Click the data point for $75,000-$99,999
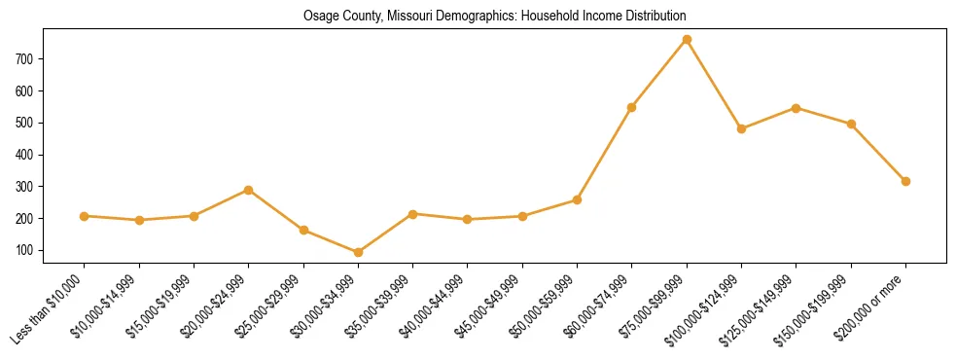pyautogui.click(x=687, y=40)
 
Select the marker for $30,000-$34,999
pyautogui.click(x=358, y=253)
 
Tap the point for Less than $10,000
pyautogui.click(x=85, y=216)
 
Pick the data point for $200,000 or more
pyautogui.click(x=905, y=181)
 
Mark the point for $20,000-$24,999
pyautogui.click(x=249, y=190)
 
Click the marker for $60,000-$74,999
pyautogui.click(x=632, y=107)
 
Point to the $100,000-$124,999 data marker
pyautogui.click(x=741, y=128)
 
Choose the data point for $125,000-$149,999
pyautogui.click(x=797, y=108)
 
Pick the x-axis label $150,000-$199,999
pyautogui.click(x=820, y=307)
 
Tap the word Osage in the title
pyautogui.click(x=319, y=17)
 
